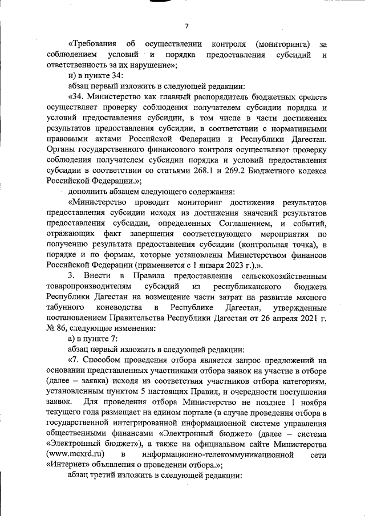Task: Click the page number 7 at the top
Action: (186, 26)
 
